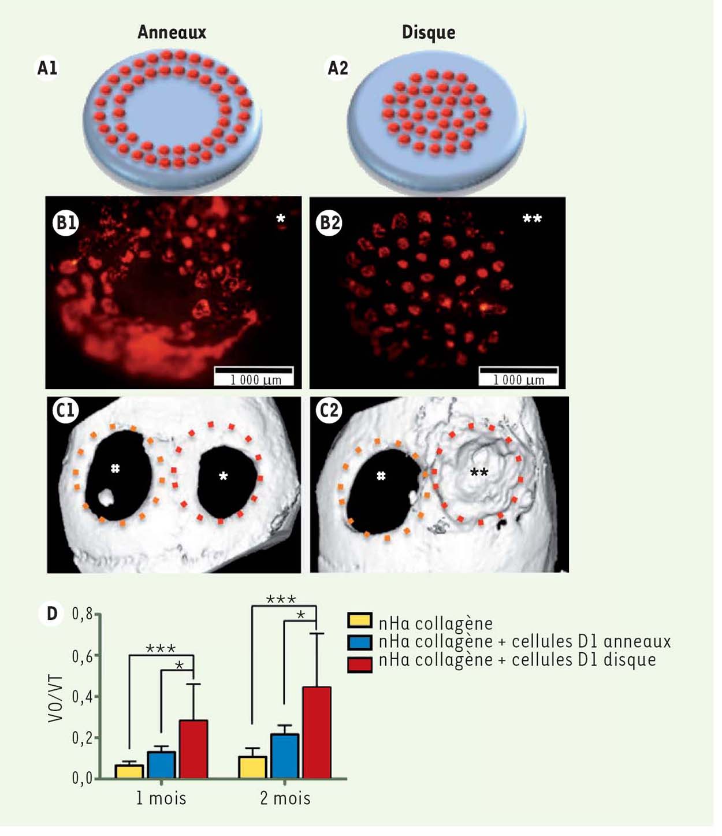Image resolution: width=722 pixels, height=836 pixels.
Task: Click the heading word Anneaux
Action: (172, 32)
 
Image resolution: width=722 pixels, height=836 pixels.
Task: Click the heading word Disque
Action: (429, 33)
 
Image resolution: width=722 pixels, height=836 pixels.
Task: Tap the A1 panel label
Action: (47, 68)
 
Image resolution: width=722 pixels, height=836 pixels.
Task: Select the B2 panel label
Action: (330, 222)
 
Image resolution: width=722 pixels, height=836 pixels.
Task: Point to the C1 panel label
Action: (65, 410)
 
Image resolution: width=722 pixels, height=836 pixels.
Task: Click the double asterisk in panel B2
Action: (532, 219)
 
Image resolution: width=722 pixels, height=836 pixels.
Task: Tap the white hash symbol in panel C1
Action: (115, 469)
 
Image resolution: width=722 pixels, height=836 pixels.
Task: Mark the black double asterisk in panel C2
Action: (479, 472)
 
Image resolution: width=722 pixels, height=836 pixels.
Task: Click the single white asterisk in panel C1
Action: (223, 476)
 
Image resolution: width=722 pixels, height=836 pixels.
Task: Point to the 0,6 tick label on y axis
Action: (82, 657)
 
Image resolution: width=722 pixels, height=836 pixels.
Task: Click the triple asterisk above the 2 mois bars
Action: (281, 599)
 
